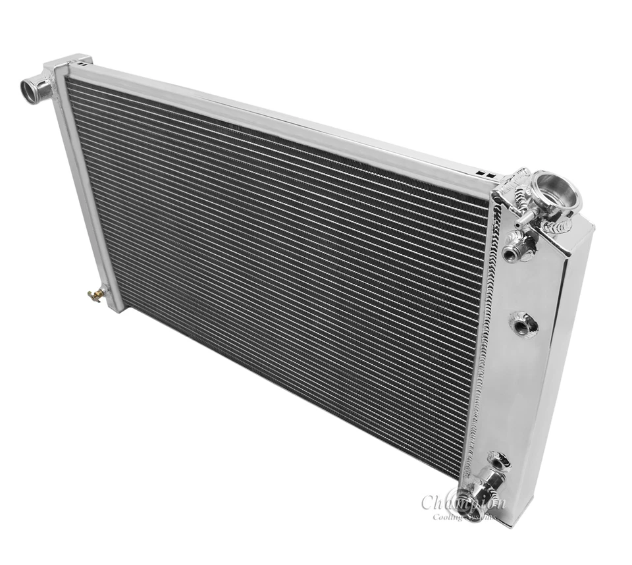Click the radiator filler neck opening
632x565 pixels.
[556, 189]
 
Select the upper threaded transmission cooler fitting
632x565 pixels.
[517, 251]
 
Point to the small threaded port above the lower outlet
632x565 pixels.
[498, 459]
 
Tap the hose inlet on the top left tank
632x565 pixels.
[33, 86]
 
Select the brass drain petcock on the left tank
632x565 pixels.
[97, 294]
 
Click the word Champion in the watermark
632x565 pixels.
[463, 502]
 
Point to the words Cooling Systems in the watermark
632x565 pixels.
[464, 516]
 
